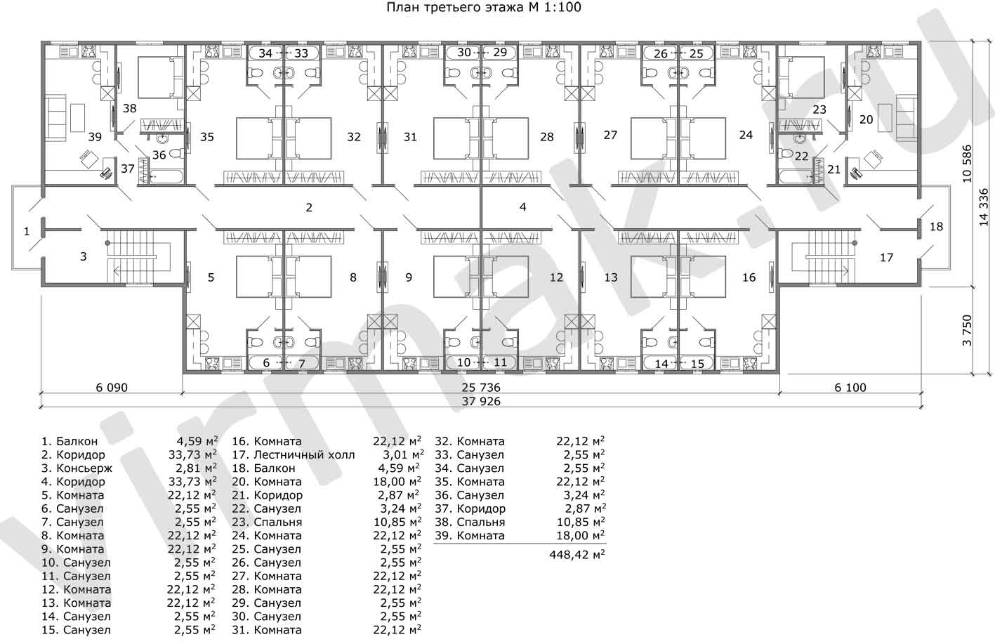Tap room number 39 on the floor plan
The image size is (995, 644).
point(95,137)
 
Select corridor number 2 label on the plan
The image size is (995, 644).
point(309,207)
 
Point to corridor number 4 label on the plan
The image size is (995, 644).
point(523,207)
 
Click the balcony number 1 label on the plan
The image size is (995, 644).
point(27,231)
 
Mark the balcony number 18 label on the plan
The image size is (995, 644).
point(936,227)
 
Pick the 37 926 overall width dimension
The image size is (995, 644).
point(481,402)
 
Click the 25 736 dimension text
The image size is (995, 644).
point(481,388)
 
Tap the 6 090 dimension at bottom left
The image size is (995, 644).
point(112,388)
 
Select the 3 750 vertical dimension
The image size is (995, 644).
point(967,331)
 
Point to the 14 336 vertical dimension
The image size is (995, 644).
point(984,207)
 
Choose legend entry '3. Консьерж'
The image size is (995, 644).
point(77,468)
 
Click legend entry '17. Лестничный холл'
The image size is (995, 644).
point(294,455)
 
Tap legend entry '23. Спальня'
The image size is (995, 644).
point(267,523)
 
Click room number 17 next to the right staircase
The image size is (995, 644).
point(887,258)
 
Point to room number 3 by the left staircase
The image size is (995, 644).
point(84,257)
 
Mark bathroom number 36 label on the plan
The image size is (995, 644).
point(159,155)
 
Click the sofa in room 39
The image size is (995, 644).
point(55,117)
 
